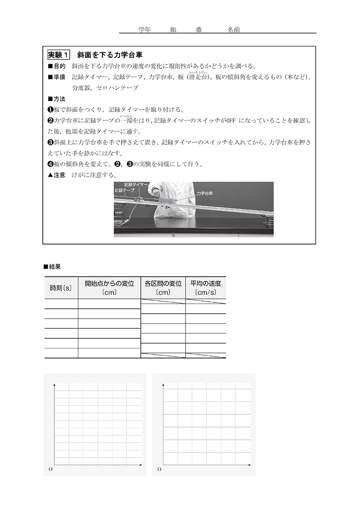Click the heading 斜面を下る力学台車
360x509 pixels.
[x=111, y=55]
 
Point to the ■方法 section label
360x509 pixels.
[x=57, y=98]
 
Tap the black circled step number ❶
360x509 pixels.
[x=51, y=109]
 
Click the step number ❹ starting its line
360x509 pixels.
[x=51, y=164]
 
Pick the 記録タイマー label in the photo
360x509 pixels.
[x=136, y=185]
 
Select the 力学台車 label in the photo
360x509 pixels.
[x=205, y=193]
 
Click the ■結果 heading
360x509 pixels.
[x=52, y=267]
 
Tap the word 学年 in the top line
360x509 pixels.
[x=144, y=29]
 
